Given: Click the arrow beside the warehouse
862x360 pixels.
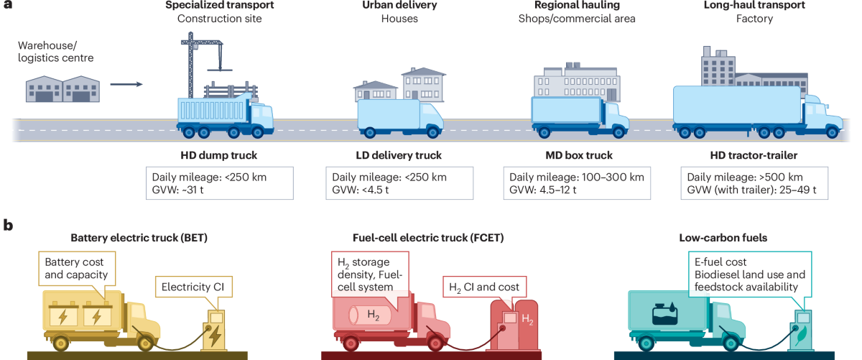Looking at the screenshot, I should [x=126, y=85].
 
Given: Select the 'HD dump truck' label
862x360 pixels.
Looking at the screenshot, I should [x=219, y=155].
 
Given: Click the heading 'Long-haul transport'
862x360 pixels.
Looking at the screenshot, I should [x=754, y=6].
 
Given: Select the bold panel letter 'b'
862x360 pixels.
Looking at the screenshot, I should [x=9, y=224].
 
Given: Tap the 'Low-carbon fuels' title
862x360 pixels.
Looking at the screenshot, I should [x=720, y=237].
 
